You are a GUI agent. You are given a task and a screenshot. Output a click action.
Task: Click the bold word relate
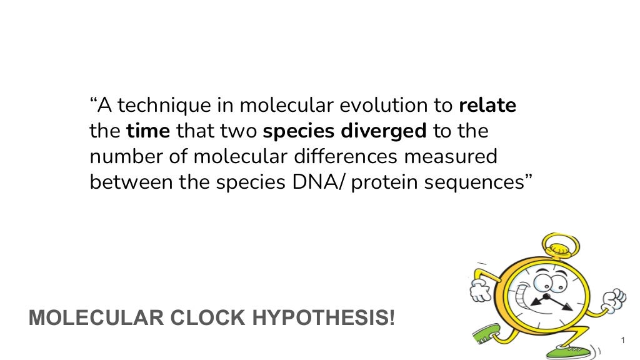click(487, 106)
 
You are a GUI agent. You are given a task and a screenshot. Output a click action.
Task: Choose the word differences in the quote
click(352, 157)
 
